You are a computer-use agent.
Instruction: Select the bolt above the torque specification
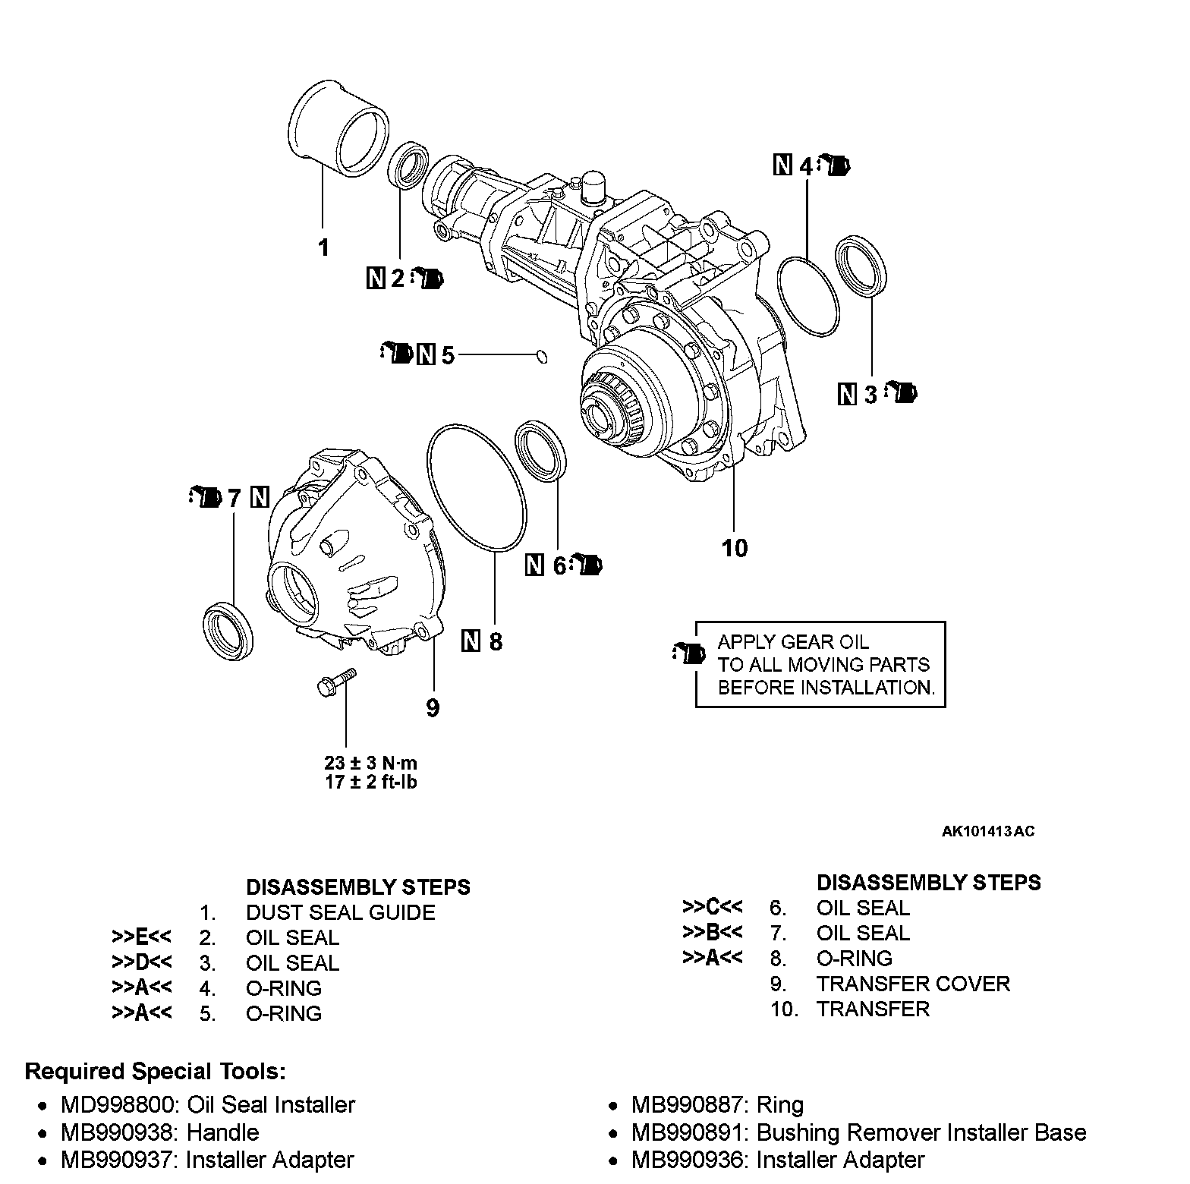click(335, 680)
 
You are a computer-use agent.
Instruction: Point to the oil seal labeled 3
click(861, 265)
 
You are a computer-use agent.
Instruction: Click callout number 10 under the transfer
click(735, 548)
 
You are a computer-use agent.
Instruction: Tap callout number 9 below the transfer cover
click(433, 708)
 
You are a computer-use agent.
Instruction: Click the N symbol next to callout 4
click(782, 165)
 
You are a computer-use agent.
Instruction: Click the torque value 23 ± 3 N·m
click(371, 763)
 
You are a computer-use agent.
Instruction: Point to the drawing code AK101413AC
click(988, 831)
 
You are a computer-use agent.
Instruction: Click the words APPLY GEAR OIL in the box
click(793, 642)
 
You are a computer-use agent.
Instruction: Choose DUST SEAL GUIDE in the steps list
click(340, 912)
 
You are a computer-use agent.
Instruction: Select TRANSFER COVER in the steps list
click(913, 984)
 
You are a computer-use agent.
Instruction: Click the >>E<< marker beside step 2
click(142, 937)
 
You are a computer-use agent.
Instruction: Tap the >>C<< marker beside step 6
click(713, 908)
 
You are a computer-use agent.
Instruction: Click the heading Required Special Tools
click(156, 1072)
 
